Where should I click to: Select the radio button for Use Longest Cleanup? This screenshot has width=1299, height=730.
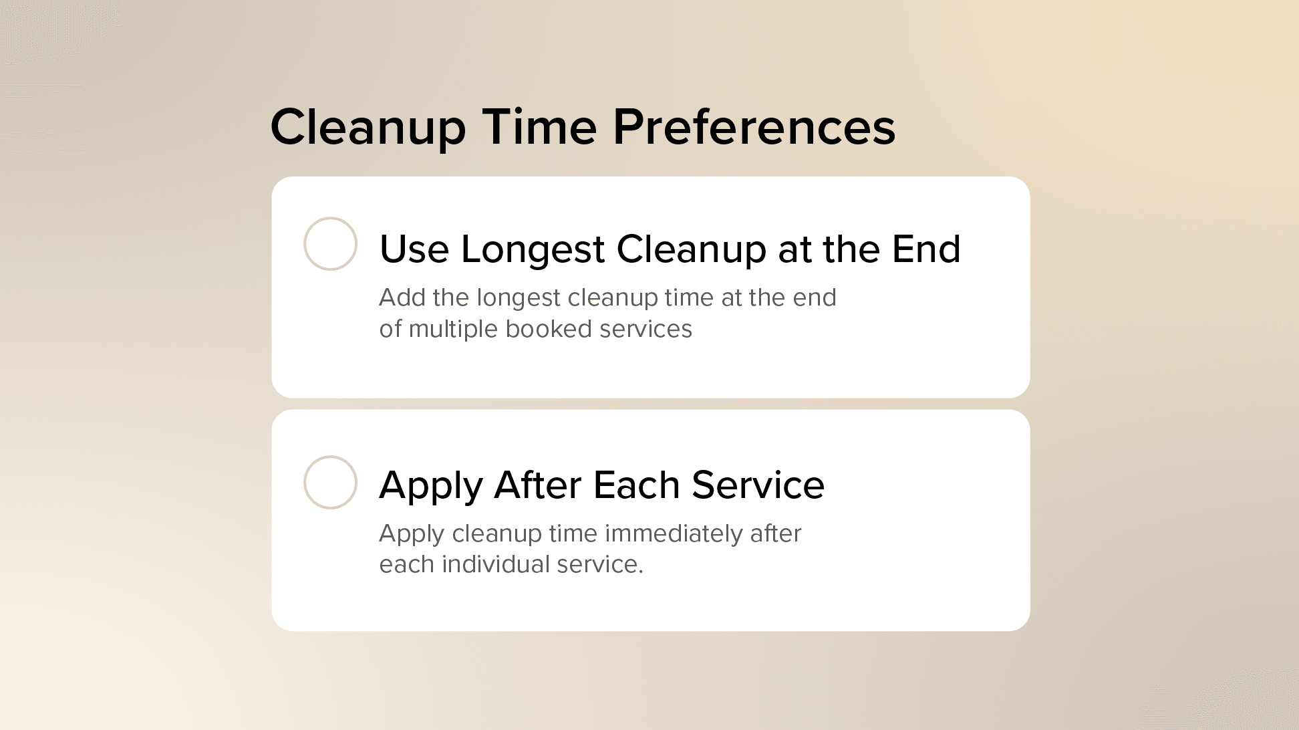[330, 243]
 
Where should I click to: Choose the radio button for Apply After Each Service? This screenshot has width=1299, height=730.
[330, 482]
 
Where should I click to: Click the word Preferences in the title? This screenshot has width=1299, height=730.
[754, 127]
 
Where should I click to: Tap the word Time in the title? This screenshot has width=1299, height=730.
[539, 127]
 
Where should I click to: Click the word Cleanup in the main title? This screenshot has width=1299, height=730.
[368, 128]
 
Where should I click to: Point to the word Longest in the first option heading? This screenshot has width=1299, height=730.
[533, 250]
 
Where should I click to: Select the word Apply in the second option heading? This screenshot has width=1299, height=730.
[430, 486]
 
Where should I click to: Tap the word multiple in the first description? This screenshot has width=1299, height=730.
[453, 329]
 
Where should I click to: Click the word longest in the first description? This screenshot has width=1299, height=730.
[518, 298]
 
